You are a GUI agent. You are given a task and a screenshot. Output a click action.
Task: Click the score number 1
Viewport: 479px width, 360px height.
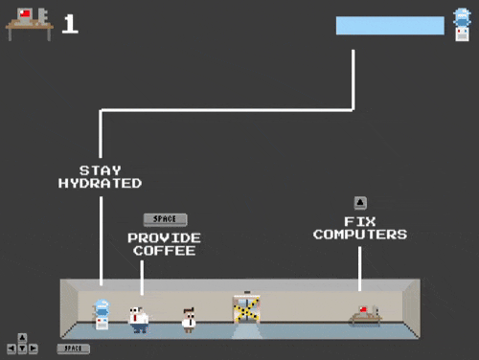pos(69,24)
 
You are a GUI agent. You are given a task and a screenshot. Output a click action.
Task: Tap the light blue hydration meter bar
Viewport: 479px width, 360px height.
pos(390,25)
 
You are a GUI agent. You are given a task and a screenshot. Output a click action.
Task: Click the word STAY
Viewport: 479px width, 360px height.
pos(100,170)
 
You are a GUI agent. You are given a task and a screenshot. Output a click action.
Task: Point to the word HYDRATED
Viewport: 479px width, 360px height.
pos(100,183)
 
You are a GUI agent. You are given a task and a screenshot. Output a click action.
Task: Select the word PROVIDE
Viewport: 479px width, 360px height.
pos(164,237)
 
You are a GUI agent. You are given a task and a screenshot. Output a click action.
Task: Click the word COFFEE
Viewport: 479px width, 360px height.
pos(164,251)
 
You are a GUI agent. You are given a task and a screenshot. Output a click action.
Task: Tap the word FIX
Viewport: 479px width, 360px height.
pos(360,221)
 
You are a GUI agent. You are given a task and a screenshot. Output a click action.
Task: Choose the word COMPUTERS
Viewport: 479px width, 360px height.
pos(360,235)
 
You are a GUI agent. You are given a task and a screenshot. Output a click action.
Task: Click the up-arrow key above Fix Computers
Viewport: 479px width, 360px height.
pos(360,202)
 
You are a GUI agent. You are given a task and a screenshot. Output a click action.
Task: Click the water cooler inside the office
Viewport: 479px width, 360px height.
pos(101,315)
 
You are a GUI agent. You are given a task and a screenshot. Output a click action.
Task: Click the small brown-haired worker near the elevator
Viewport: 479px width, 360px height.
pos(189,319)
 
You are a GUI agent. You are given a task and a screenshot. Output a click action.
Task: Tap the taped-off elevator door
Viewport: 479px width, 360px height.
pos(246,309)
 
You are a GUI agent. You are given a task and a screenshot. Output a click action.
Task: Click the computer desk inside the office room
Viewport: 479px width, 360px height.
pos(365,316)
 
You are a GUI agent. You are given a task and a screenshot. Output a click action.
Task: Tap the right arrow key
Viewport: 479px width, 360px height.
pos(34,349)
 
